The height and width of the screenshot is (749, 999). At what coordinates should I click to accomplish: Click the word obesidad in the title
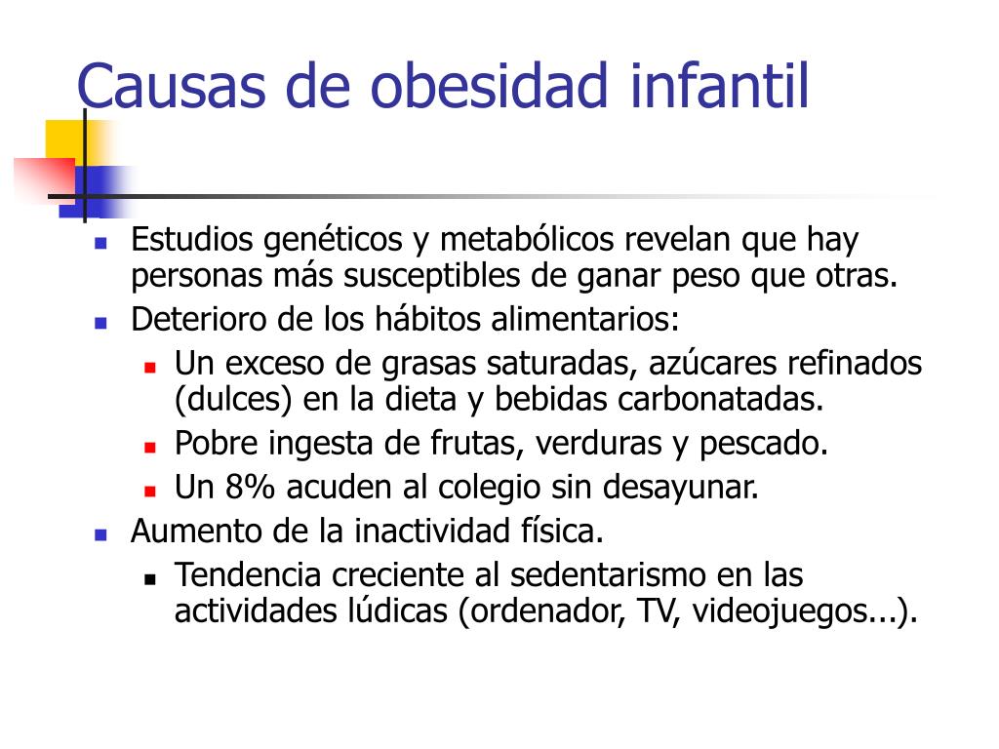489,86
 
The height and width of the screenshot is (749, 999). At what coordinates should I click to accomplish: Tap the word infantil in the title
719,86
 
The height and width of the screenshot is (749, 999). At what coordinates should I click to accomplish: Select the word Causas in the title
171,87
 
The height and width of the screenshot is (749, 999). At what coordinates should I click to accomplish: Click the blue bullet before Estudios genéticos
100,243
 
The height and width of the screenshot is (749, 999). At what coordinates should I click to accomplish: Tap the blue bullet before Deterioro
100,323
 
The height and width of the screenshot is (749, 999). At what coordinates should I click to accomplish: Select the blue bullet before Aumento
100,534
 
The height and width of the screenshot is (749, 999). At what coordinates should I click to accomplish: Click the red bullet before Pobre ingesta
150,448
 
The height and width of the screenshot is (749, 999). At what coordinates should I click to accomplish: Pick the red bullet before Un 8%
150,492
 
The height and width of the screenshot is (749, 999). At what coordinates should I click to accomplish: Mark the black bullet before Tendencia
150,579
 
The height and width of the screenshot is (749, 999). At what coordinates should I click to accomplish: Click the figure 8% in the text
250,487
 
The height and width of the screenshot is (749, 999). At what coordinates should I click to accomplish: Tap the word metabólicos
528,240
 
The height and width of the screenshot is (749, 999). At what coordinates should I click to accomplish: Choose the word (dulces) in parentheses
233,400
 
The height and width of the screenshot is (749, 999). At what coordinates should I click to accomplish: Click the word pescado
764,444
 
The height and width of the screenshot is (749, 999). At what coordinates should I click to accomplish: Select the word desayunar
680,488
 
